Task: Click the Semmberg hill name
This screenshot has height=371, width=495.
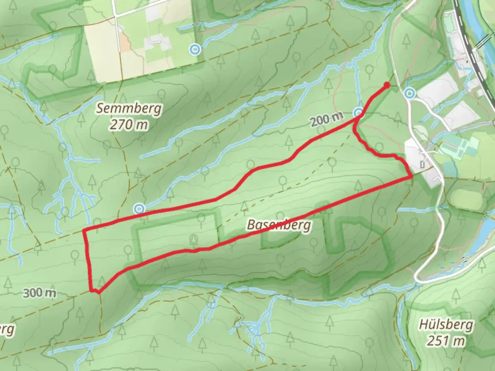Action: click(x=129, y=109)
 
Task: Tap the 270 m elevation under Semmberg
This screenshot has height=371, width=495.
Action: click(x=129, y=124)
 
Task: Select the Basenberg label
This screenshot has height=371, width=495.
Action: click(x=279, y=225)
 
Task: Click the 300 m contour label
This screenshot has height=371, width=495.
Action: click(x=40, y=293)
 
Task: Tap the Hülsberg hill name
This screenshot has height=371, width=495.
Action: click(x=446, y=325)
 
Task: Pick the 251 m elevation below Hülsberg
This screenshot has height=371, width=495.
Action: click(x=446, y=341)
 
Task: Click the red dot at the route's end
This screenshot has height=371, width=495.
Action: click(x=387, y=85)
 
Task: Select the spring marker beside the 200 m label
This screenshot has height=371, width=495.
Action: click(x=359, y=112)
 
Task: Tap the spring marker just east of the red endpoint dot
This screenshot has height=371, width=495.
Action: click(x=409, y=93)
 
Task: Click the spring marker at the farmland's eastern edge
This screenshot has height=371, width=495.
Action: click(x=195, y=50)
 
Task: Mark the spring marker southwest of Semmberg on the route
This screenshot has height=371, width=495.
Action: click(x=139, y=208)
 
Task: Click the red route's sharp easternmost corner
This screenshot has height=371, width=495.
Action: click(x=412, y=177)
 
